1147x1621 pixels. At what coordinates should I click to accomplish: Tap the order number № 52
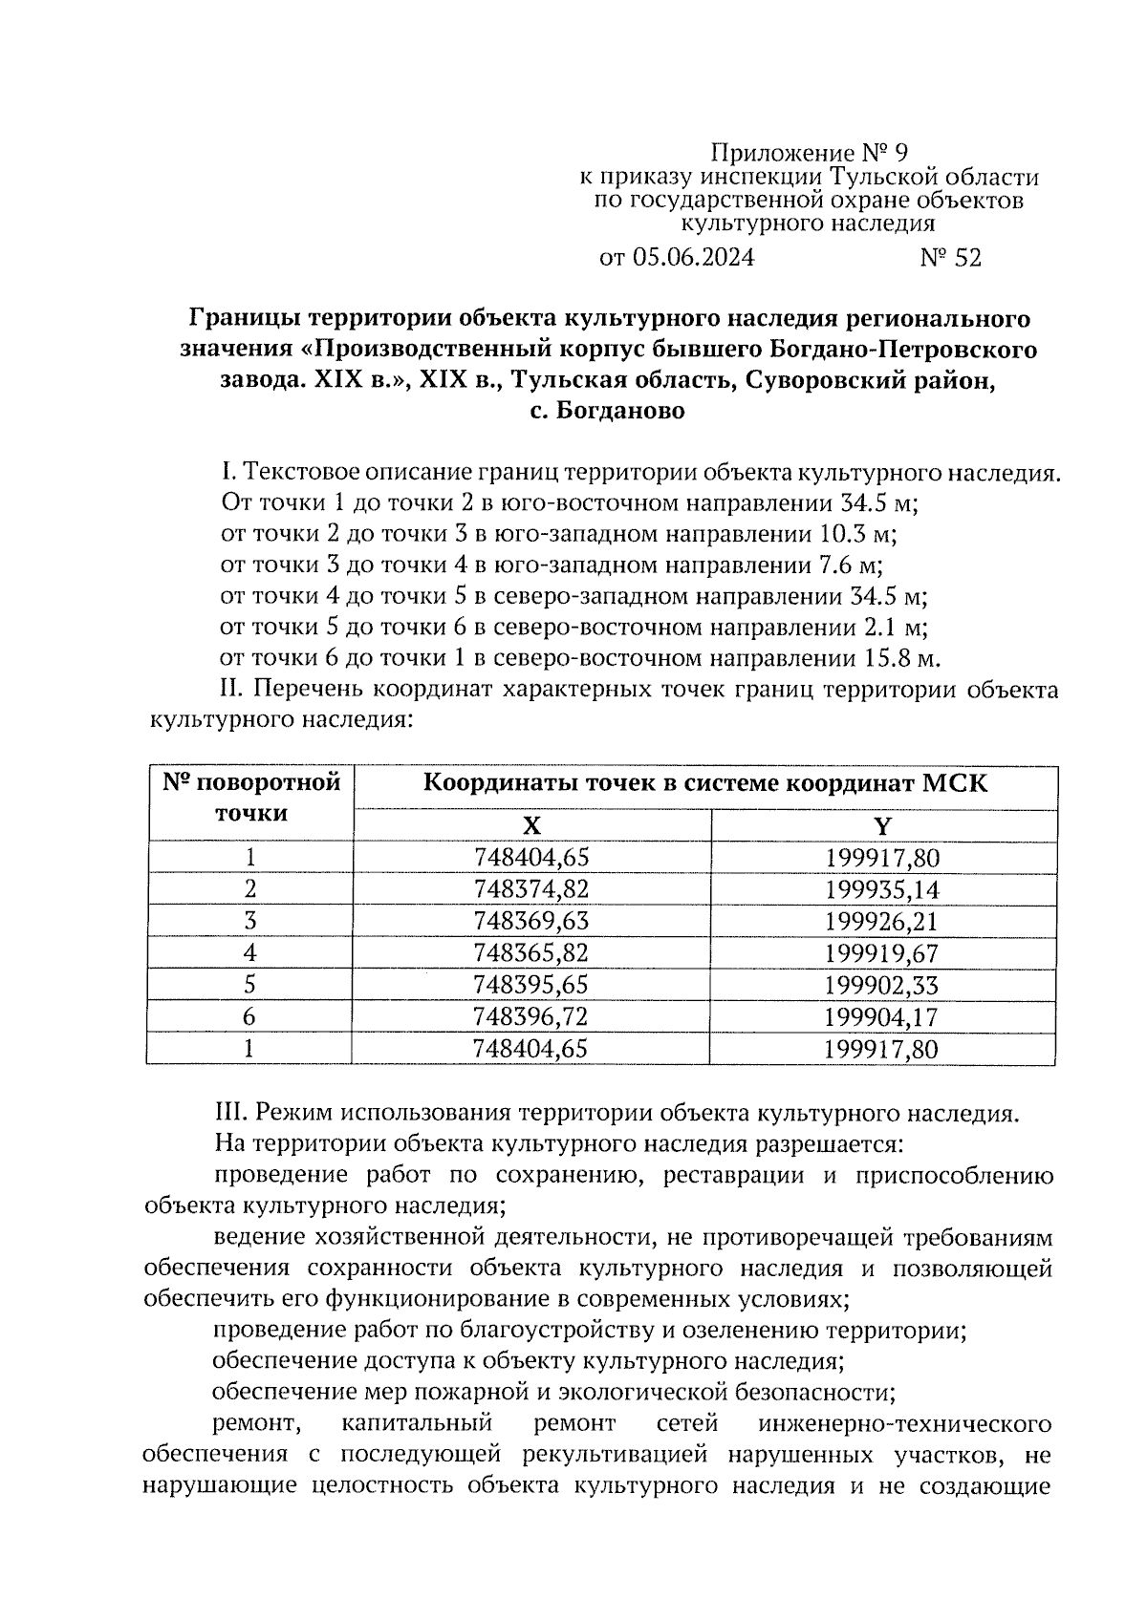tap(950, 258)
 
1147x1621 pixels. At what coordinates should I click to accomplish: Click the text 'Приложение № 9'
tap(809, 153)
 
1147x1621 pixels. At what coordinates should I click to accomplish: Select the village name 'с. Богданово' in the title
tap(607, 412)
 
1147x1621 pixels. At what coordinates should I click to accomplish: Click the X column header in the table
tap(531, 826)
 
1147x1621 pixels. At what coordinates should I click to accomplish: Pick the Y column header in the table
tap(882, 826)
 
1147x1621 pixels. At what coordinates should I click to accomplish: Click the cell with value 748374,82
tap(531, 889)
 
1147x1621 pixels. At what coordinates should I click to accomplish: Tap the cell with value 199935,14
tap(882, 890)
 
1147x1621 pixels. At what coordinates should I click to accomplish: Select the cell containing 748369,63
tap(531, 921)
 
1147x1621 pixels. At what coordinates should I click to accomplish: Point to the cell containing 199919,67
tap(882, 953)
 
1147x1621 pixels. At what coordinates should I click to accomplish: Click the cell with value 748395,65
tap(531, 985)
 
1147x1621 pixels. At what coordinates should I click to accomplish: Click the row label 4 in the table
tap(249, 953)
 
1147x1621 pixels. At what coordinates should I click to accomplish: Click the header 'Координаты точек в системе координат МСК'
tap(704, 785)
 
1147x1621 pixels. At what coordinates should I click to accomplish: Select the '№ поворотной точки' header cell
tap(251, 799)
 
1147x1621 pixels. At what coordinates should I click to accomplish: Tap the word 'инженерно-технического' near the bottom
tap(904, 1424)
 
